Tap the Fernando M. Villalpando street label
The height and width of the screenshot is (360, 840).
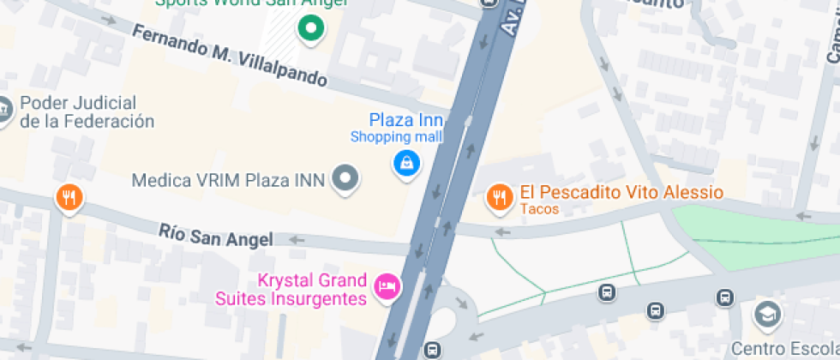(x=230, y=56)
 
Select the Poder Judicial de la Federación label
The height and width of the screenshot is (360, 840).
(x=87, y=112)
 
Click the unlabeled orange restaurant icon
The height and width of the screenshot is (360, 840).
(x=69, y=199)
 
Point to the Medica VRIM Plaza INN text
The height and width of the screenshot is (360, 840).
(x=228, y=180)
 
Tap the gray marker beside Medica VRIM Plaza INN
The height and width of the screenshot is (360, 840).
(x=345, y=178)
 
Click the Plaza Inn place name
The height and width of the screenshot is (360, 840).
(x=406, y=120)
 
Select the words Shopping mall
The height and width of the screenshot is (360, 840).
(x=396, y=136)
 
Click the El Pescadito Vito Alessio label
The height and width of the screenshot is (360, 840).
(x=621, y=193)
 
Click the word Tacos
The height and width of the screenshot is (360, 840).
(x=539, y=209)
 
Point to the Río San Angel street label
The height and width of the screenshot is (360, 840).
(x=216, y=235)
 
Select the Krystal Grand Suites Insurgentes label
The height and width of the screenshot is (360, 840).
(x=314, y=290)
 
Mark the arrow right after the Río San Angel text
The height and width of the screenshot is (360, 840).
(x=297, y=239)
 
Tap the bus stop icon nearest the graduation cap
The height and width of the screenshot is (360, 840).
(x=725, y=297)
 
